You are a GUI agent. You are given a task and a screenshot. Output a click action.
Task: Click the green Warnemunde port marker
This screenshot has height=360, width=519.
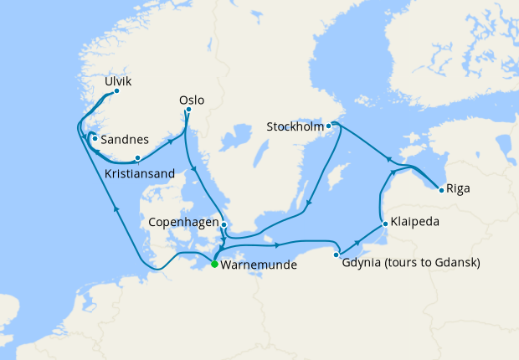214,264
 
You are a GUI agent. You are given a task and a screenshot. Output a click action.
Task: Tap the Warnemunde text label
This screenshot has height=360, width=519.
258,265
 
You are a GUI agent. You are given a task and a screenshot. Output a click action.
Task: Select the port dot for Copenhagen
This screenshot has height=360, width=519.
224,224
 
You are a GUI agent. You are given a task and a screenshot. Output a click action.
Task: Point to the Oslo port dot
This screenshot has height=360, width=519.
188,110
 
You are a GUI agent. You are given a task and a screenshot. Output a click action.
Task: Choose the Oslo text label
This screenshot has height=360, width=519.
192,100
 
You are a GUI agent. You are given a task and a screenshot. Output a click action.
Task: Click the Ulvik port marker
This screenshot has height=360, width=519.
116,91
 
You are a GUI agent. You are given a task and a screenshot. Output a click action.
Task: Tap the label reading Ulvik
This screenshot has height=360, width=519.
119,81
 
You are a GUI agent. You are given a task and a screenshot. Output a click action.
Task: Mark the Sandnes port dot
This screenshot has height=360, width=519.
95,138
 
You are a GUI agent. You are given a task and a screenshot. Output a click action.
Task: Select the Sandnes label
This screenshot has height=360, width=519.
125,140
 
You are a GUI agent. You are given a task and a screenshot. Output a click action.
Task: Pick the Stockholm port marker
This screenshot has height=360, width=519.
329,126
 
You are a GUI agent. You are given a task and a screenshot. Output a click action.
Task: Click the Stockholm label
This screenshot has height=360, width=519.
295,127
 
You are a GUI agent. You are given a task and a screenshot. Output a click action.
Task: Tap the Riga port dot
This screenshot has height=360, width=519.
441,190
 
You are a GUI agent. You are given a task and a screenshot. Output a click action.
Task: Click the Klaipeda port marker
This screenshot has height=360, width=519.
383,224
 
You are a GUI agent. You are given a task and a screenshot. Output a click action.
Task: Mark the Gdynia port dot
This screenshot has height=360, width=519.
337,255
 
